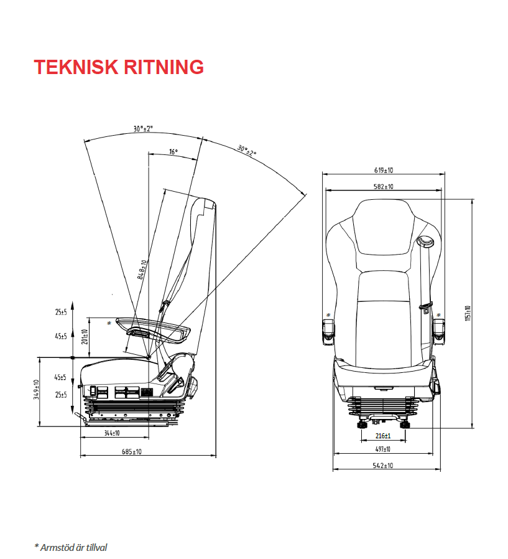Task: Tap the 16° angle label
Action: (x=173, y=152)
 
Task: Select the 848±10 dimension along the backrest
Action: (x=142, y=270)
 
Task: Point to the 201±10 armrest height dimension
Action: (x=86, y=337)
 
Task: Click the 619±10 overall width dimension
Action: (x=384, y=170)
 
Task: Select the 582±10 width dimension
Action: (x=384, y=186)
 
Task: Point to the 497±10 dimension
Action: (x=384, y=449)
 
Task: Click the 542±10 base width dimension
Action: (x=384, y=466)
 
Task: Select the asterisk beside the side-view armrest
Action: (x=109, y=323)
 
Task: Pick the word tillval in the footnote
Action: (x=95, y=548)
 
